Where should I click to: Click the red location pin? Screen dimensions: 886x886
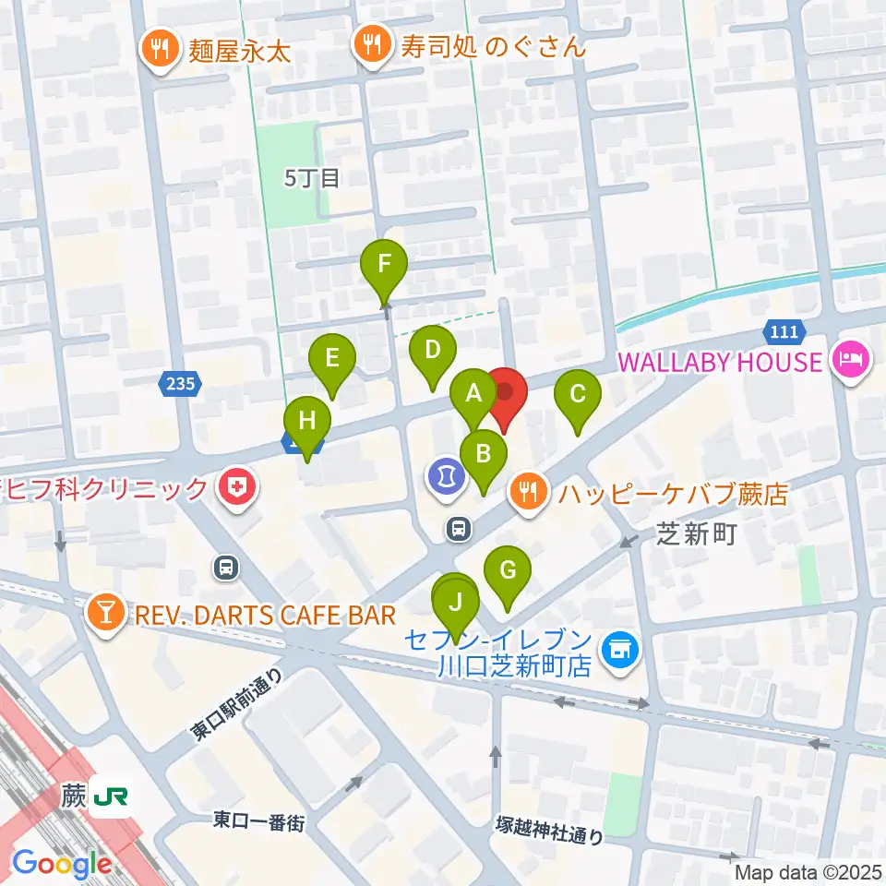pyautogui.click(x=505, y=395)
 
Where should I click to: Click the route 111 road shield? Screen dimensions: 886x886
pyautogui.click(x=785, y=330)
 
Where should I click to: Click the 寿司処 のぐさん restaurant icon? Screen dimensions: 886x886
pyautogui.click(x=373, y=45)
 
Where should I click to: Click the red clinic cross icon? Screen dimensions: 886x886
pyautogui.click(x=237, y=488)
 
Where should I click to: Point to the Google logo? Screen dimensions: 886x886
pyautogui.click(x=62, y=864)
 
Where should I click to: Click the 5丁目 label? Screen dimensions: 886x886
pyautogui.click(x=313, y=178)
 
